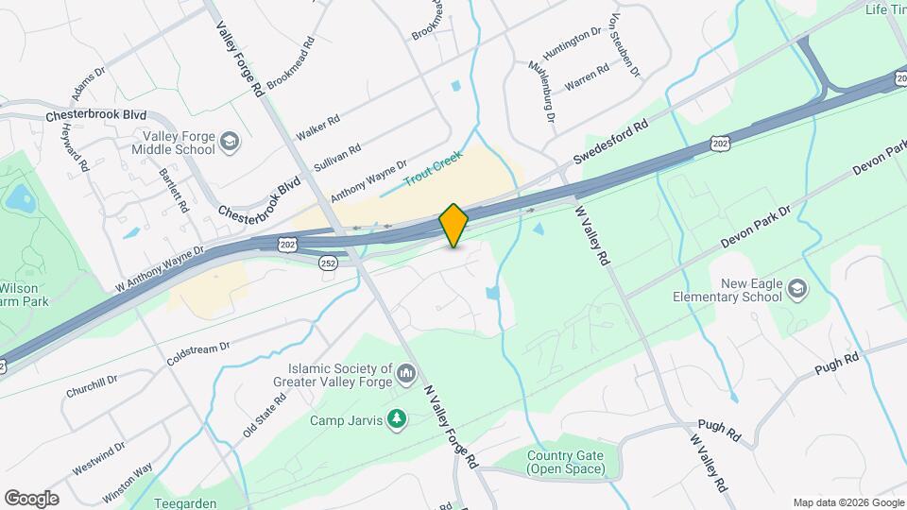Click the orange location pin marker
coord(454,225)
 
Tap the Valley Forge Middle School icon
coord(229,144)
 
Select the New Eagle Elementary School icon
coord(796,288)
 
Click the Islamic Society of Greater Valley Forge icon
coord(407,375)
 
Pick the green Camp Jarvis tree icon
coord(398,418)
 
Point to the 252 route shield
coord(328,263)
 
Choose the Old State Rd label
coord(264,416)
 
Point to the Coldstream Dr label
coord(197,355)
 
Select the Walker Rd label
coord(317,125)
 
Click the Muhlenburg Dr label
coord(539,92)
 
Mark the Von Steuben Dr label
coord(625,46)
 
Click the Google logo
coord(31,499)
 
